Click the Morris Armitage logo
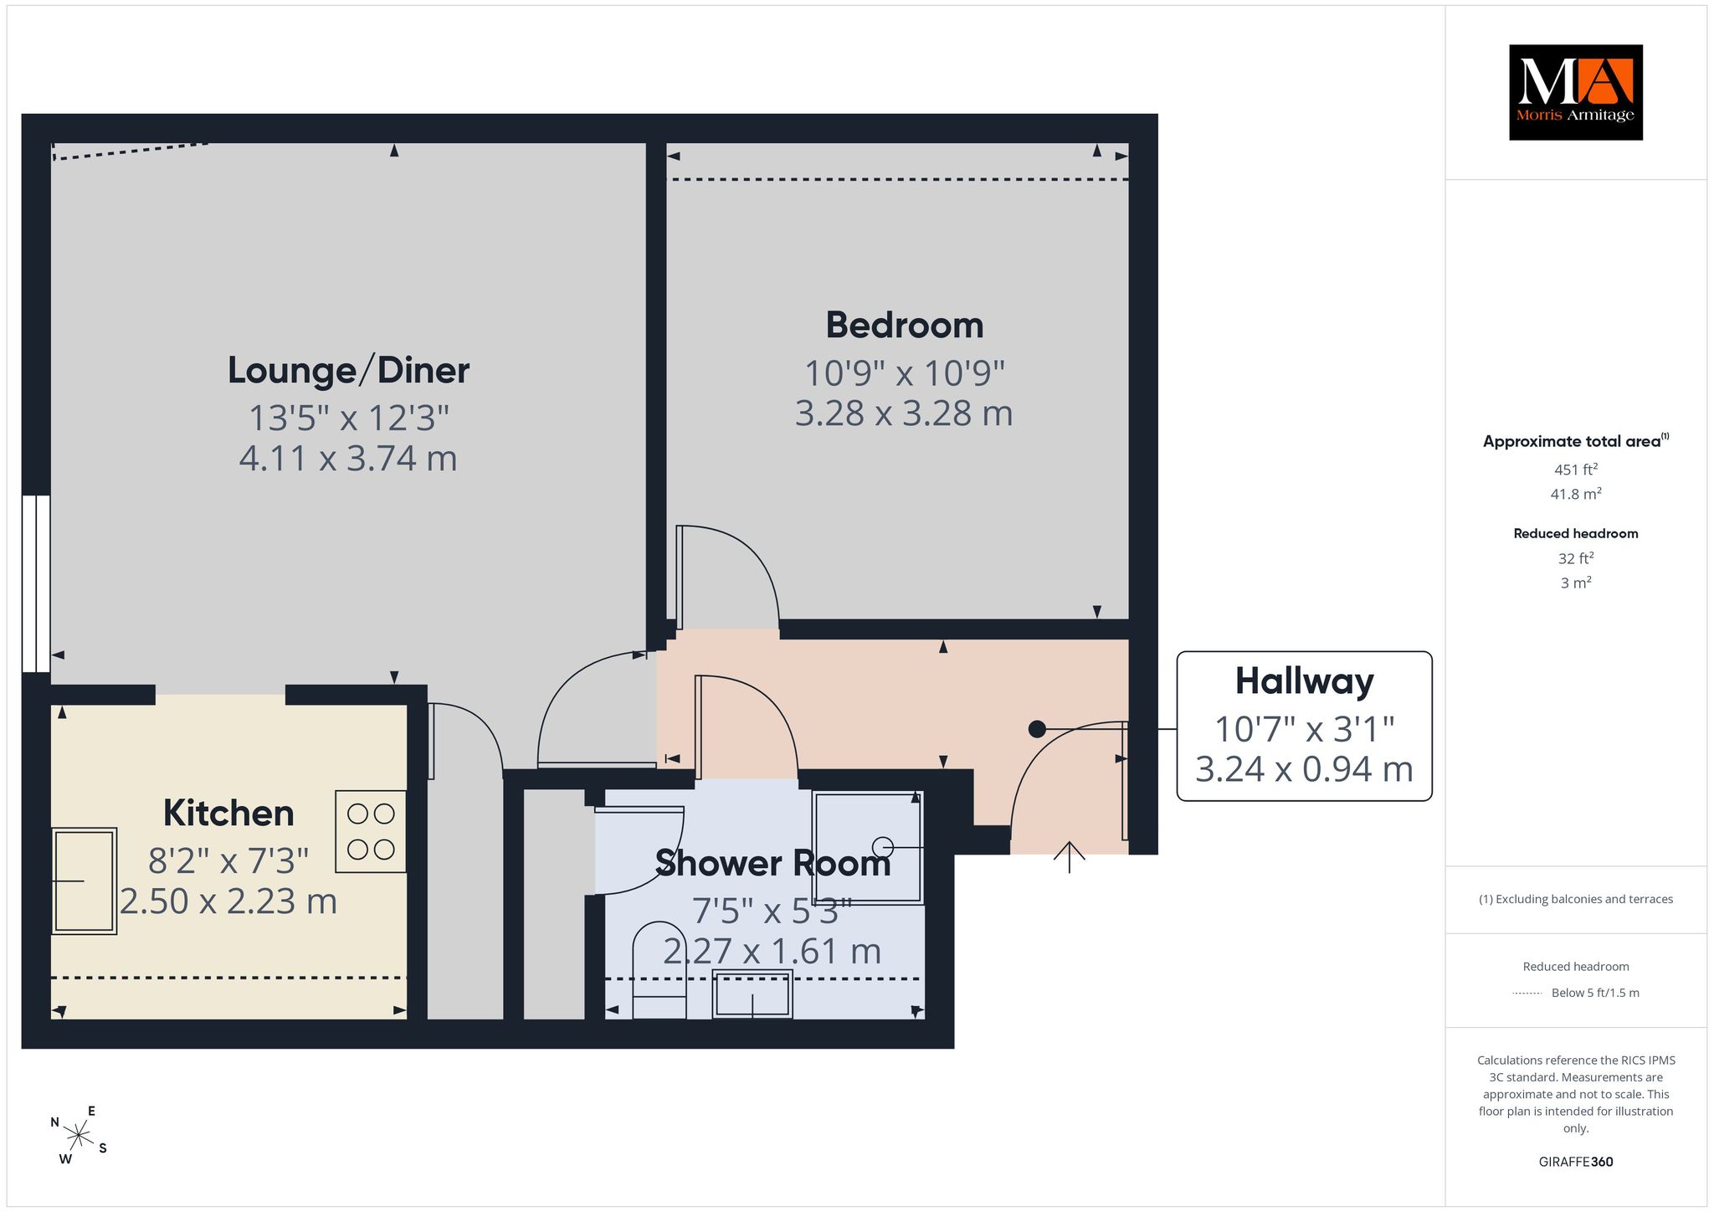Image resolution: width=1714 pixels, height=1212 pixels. [x=1575, y=92]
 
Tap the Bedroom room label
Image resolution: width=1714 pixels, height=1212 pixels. [x=905, y=326]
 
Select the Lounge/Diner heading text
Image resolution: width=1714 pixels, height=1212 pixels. [x=348, y=370]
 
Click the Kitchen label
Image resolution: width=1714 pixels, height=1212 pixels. [x=228, y=813]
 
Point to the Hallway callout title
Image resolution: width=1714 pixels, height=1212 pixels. [x=1305, y=681]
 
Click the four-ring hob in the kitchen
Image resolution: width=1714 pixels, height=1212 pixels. [x=371, y=832]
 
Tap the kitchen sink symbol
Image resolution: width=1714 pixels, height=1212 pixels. [x=84, y=881]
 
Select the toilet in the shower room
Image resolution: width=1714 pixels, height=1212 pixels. [x=659, y=971]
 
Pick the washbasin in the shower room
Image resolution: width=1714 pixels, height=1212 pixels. [x=752, y=994]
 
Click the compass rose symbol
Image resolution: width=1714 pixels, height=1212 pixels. [x=79, y=1136]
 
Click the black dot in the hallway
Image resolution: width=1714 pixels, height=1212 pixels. [x=1037, y=729]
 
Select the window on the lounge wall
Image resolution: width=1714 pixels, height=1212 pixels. [x=36, y=583]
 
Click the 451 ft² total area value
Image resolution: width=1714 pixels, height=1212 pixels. [x=1576, y=470]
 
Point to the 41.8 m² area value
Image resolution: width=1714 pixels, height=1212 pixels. [x=1576, y=494]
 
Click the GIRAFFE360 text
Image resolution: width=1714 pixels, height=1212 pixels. [x=1576, y=1162]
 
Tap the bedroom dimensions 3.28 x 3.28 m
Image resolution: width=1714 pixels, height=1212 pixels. [x=904, y=413]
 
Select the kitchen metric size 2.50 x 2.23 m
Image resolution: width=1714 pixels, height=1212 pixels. [x=228, y=901]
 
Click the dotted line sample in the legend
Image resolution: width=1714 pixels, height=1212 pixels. [x=1527, y=994]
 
